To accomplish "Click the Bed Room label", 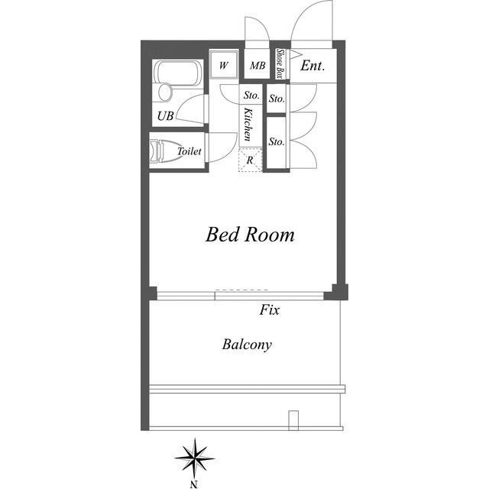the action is pyautogui.click(x=250, y=235).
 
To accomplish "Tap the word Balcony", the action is pyautogui.click(x=247, y=345).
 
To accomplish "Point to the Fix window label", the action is pyautogui.click(x=270, y=309).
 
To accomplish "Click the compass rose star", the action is pyautogui.click(x=195, y=458).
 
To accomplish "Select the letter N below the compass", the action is pyautogui.click(x=194, y=484).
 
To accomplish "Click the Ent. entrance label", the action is pyautogui.click(x=313, y=66).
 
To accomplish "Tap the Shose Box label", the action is pyautogui.click(x=280, y=64).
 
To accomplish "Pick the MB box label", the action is pyautogui.click(x=257, y=66).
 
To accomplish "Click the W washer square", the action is pyautogui.click(x=224, y=65).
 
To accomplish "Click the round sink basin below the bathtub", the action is pyautogui.click(x=165, y=92).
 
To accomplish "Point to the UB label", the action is pyautogui.click(x=165, y=116).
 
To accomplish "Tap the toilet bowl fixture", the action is pyautogui.click(x=162, y=151).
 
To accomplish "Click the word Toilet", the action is pyautogui.click(x=189, y=151).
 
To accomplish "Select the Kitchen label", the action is pyautogui.click(x=248, y=124).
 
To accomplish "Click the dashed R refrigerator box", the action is pyautogui.click(x=250, y=160).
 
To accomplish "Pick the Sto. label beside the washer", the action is pyautogui.click(x=251, y=95).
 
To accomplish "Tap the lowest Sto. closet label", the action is pyautogui.click(x=277, y=141).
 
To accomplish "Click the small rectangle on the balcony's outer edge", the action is pyautogui.click(x=293, y=420).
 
